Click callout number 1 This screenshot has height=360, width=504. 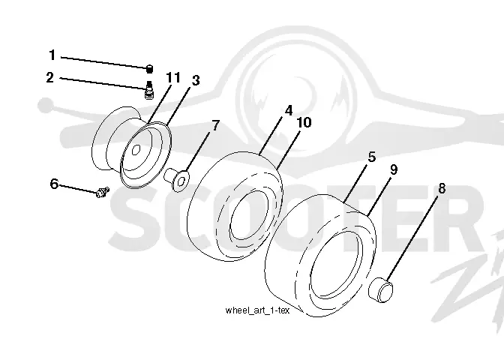[52, 55]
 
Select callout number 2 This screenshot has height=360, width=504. [49, 77]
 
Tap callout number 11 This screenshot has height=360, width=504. [173, 77]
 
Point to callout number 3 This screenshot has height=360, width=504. [196, 80]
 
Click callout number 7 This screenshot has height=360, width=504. [215, 125]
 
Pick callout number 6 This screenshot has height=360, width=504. [54, 184]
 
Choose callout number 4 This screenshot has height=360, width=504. [289, 110]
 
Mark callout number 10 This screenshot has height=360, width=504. [304, 122]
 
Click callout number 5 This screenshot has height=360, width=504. [371, 157]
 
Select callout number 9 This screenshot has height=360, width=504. [394, 169]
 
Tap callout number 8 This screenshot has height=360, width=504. [442, 188]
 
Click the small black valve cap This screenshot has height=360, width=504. [149, 69]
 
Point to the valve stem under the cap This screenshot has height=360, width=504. [148, 90]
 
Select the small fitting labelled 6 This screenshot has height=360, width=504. [103, 192]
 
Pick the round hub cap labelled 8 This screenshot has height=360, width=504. [380, 290]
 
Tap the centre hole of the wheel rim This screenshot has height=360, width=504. [136, 149]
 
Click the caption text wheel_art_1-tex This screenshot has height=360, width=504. [257, 310]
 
